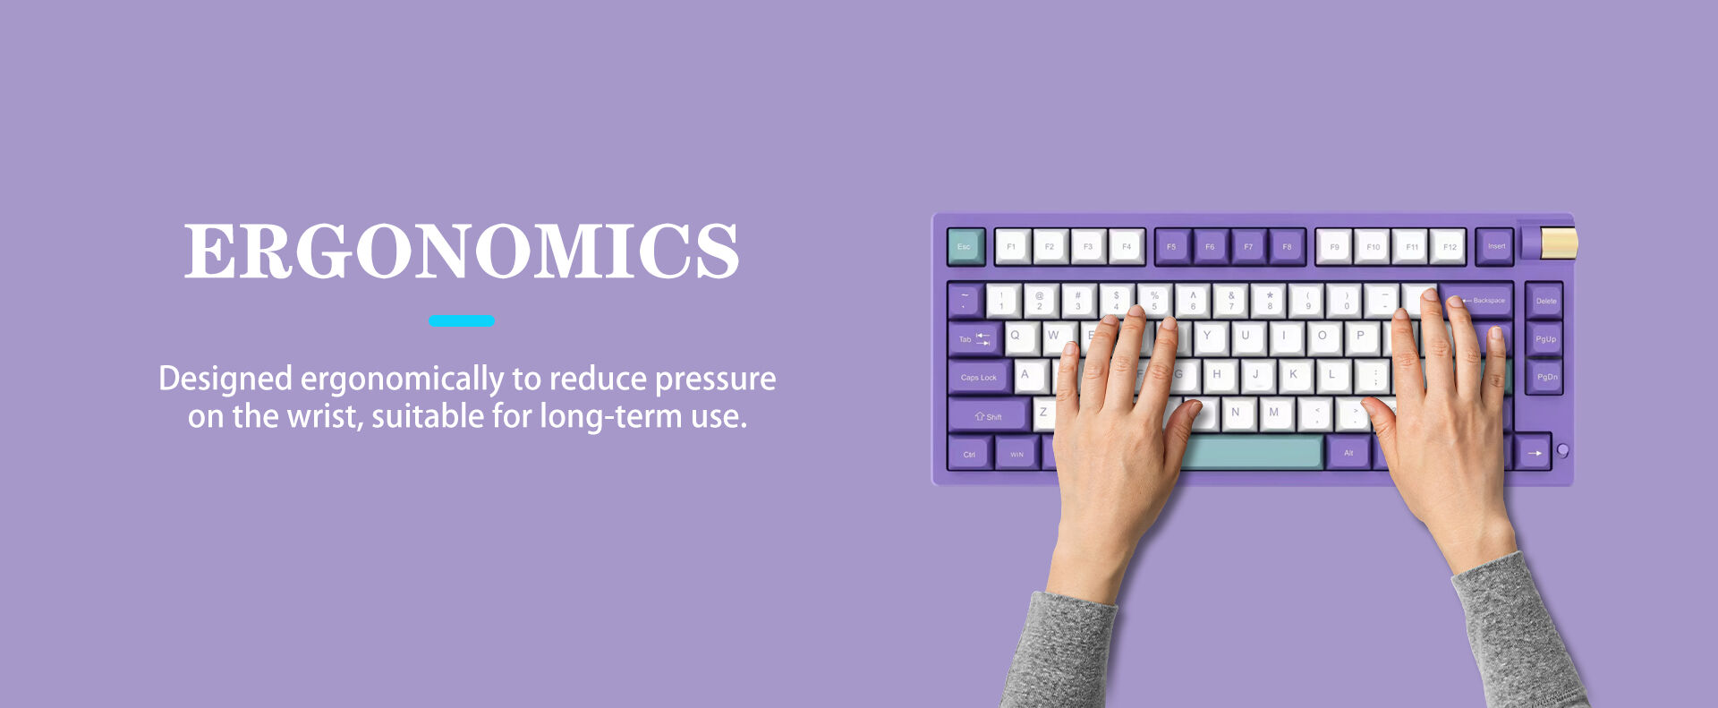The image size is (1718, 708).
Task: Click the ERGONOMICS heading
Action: tap(462, 252)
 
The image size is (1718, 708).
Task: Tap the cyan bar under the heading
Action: tap(462, 320)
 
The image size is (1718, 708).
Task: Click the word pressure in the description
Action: tap(715, 380)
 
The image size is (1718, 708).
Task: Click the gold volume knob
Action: tap(1559, 243)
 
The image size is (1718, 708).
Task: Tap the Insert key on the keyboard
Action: tap(1495, 246)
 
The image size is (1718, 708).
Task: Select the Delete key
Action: tap(1545, 301)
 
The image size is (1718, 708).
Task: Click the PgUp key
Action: tap(1545, 339)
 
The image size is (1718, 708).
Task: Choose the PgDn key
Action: tap(1546, 377)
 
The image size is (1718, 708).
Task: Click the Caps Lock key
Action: tap(979, 377)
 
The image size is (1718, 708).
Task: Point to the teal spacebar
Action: tap(1252, 452)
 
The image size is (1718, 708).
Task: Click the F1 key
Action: tap(1012, 246)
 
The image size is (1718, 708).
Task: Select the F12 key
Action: tap(1449, 246)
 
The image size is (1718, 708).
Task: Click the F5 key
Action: tap(1171, 246)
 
